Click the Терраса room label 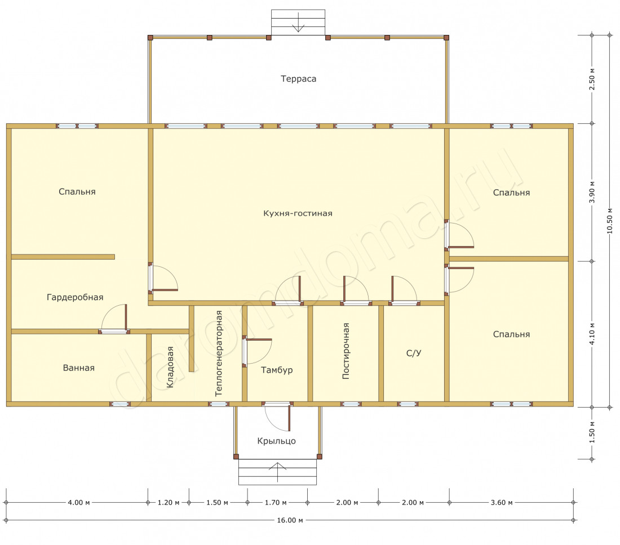(299, 79)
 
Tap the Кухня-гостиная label (298, 213)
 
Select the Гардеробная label (75, 297)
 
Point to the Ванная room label (79, 368)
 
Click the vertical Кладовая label (170, 367)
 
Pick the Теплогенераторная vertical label (218, 353)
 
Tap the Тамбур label (277, 370)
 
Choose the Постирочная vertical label (346, 351)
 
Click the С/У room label (414, 353)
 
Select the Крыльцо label (276, 441)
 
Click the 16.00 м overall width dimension (290, 520)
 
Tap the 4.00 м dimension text (79, 502)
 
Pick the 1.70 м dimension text (276, 502)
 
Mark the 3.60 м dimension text (502, 502)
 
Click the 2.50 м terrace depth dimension (592, 79)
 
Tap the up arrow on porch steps (277, 472)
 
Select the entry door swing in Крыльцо (277, 417)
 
